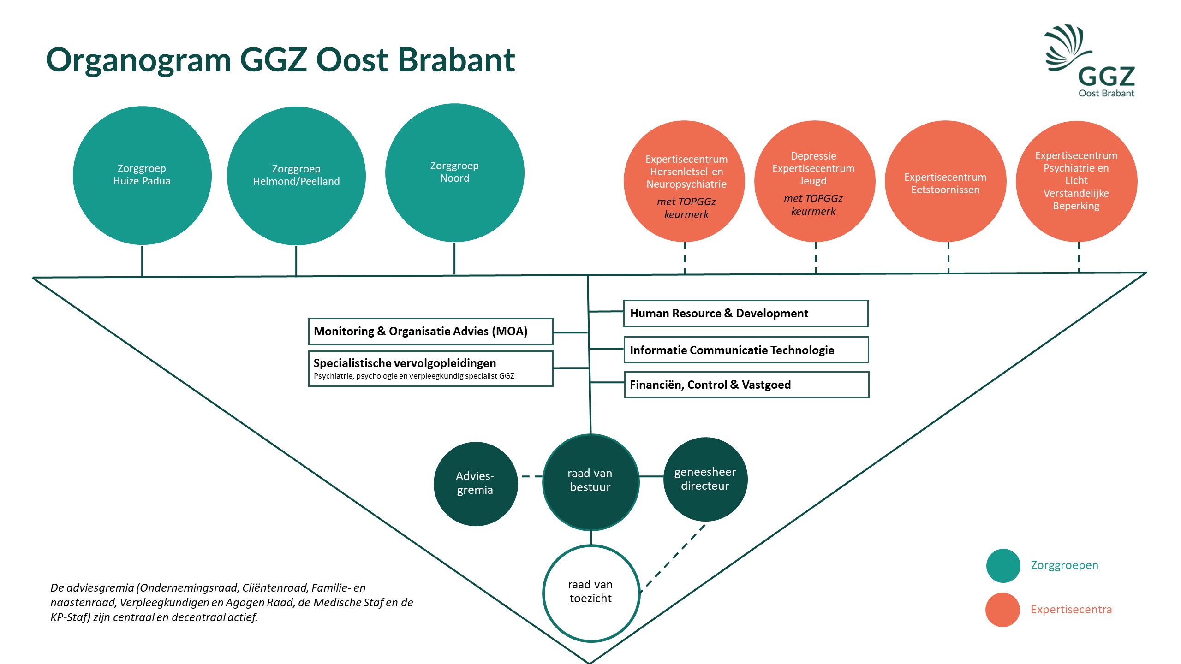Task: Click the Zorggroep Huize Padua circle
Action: (142, 176)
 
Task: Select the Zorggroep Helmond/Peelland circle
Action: (296, 176)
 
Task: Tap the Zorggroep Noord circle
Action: (454, 173)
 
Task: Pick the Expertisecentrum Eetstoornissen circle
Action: (945, 181)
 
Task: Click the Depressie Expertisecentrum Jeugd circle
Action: (815, 181)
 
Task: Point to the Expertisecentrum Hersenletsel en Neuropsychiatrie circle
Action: (684, 181)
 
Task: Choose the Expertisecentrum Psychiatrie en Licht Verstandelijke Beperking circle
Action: (1077, 181)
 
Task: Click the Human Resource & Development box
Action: (746, 313)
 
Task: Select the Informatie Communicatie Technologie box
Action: (746, 350)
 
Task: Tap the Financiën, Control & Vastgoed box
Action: (747, 385)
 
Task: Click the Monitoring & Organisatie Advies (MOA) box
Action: (431, 331)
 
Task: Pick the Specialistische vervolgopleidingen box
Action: (431, 368)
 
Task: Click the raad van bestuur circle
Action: (591, 482)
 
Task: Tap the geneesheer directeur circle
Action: (705, 479)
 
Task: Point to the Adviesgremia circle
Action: (476, 484)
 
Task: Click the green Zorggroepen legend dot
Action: (1003, 566)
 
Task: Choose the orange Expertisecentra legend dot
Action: (1003, 610)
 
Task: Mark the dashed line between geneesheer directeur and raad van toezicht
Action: (673, 558)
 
